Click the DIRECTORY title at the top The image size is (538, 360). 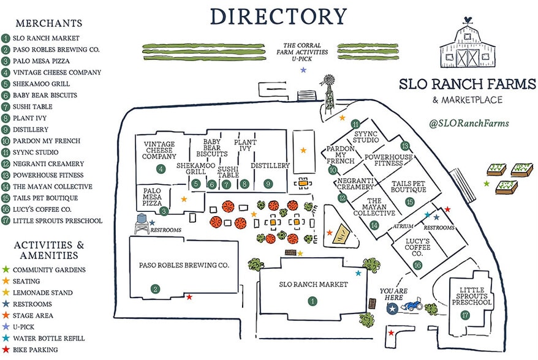[278, 17]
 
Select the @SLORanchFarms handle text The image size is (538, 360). [469, 123]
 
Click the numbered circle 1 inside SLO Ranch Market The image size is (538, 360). [313, 301]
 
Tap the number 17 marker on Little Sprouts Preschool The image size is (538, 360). [466, 315]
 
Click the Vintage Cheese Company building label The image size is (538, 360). [160, 150]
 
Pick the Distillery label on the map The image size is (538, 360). [270, 166]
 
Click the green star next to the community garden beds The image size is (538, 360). [487, 184]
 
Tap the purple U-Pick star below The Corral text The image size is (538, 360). [303, 70]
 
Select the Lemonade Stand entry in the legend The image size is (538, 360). [42, 293]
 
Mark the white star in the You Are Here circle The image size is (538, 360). [392, 310]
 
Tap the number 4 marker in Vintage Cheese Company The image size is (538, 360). [161, 169]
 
